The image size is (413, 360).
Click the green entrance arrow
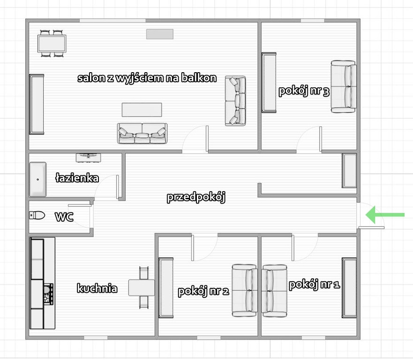[x=385, y=215]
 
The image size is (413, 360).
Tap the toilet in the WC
[x=37, y=215]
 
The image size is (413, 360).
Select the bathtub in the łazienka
[x=38, y=179]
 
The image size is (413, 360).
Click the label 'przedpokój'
[x=196, y=197]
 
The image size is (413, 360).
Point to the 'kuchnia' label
[x=97, y=288]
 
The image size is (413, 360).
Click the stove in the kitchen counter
[x=48, y=294]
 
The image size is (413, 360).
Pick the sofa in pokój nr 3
[x=344, y=87]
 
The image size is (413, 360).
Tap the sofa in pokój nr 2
[x=245, y=291]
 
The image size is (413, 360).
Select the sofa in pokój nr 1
[x=274, y=291]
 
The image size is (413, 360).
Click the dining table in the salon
[x=52, y=44]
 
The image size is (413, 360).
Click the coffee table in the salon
[x=142, y=110]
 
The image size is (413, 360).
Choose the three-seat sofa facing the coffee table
[x=142, y=133]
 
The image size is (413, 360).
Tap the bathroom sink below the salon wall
[x=88, y=158]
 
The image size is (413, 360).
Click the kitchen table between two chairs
[x=142, y=288]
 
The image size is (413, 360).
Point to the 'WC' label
[x=64, y=217]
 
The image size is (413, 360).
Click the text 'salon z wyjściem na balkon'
[x=147, y=78]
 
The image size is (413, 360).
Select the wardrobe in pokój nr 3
[x=269, y=82]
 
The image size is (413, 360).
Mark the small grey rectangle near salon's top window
[x=160, y=34]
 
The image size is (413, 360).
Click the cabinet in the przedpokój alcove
[x=349, y=171]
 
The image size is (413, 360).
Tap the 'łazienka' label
[x=77, y=178]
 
